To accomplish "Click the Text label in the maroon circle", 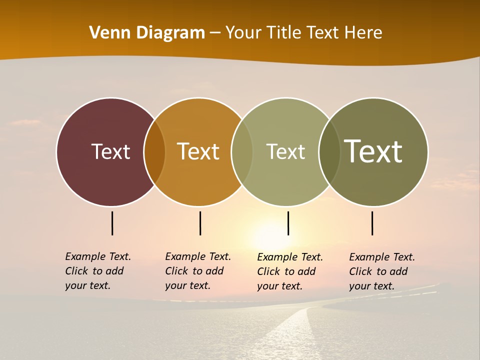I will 110,151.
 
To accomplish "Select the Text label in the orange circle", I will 198,151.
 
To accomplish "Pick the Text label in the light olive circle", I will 285,151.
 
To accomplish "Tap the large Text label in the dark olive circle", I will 373,151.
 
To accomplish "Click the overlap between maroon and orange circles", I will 154,151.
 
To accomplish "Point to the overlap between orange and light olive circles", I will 242,151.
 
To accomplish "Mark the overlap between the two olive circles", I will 329,151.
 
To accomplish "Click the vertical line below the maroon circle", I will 112,223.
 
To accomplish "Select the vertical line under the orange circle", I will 200,223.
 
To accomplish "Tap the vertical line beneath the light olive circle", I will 288,223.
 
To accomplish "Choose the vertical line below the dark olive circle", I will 372,223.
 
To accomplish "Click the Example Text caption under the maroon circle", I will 97,271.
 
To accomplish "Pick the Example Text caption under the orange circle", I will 197,271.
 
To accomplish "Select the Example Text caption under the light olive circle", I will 289,271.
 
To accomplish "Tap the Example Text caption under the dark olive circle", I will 381,271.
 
